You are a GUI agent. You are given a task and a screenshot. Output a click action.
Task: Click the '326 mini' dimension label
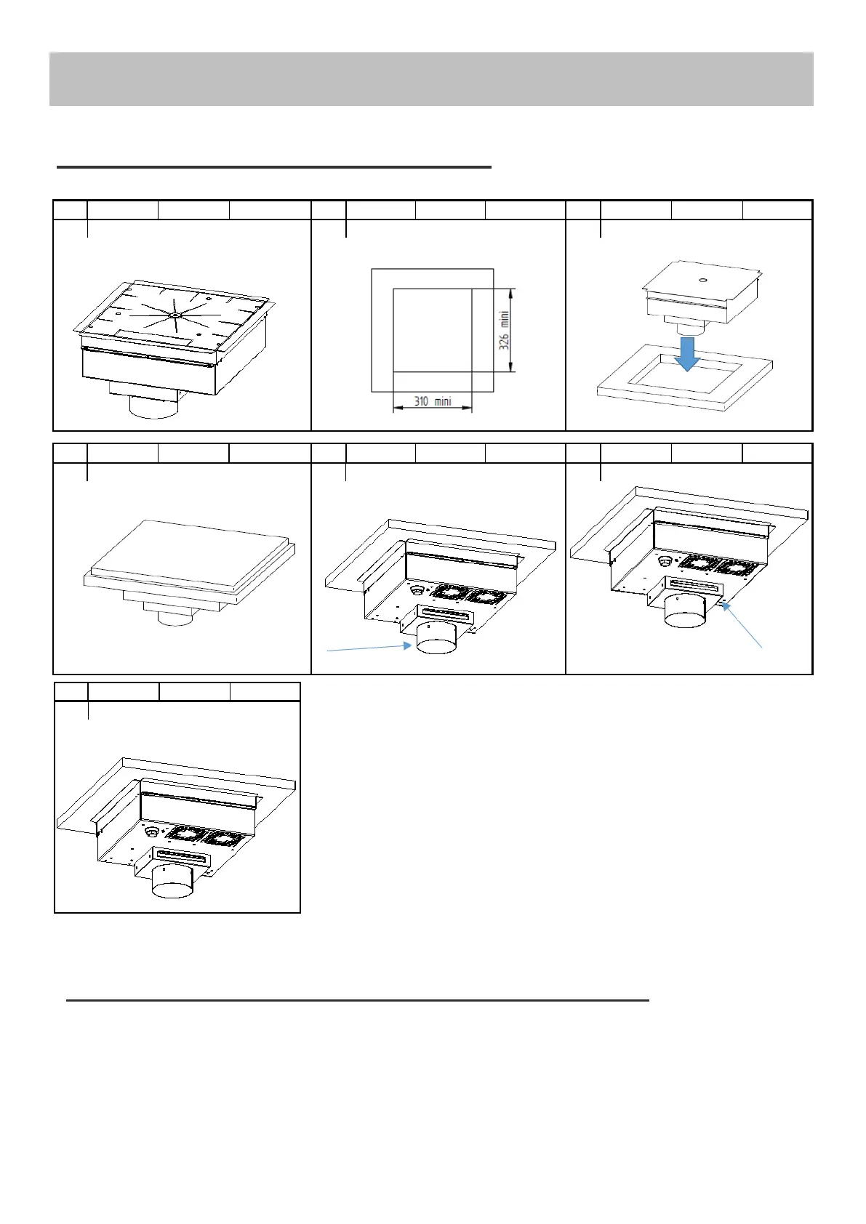(x=504, y=331)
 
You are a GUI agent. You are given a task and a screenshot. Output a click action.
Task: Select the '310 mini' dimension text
(x=433, y=401)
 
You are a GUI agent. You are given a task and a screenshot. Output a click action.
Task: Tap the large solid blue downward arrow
(x=686, y=353)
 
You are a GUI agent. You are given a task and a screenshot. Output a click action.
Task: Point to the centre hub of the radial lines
(x=176, y=315)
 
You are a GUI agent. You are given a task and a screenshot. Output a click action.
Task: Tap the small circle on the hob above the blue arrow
(x=702, y=279)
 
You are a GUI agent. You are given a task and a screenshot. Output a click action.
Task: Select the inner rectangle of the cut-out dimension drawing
(x=433, y=330)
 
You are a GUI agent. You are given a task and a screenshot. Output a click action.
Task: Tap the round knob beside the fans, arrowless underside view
(x=151, y=831)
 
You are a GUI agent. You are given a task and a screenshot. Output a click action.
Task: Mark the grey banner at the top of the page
(x=431, y=78)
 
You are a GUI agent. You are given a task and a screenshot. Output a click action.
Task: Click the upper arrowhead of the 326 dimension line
(x=513, y=293)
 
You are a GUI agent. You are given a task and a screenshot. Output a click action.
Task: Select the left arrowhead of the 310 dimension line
(x=397, y=408)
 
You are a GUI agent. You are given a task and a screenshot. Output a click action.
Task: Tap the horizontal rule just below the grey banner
(x=274, y=167)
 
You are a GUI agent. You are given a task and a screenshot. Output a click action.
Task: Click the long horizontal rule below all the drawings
(x=357, y=1000)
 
